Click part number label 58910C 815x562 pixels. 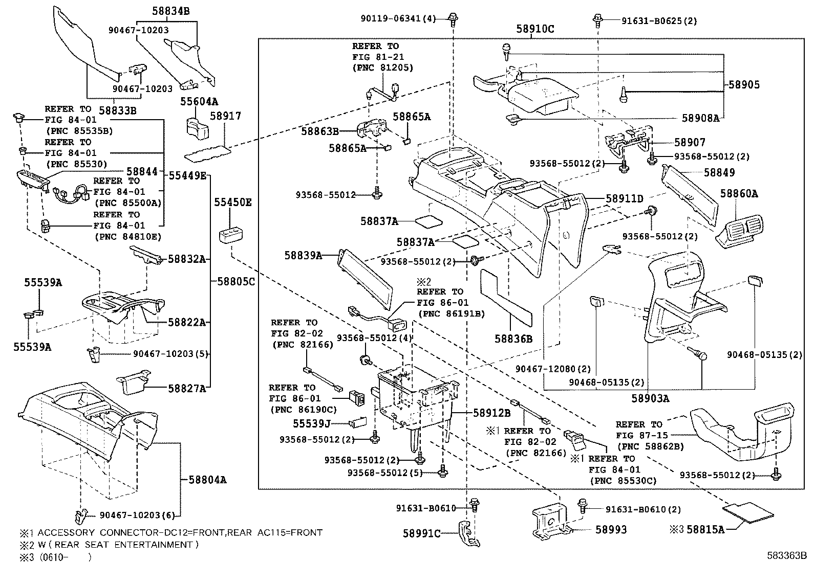(x=534, y=29)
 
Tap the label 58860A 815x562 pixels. (x=739, y=193)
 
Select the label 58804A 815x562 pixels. (x=207, y=480)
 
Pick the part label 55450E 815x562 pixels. (x=232, y=202)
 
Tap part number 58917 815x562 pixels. (x=225, y=117)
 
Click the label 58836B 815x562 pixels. (x=513, y=339)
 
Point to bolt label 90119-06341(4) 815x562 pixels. (x=397, y=18)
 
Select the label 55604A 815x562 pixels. (x=199, y=102)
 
